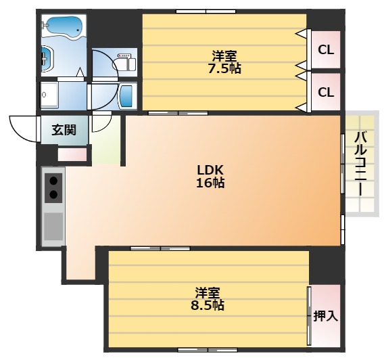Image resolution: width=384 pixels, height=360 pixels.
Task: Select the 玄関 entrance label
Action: pos(64,130)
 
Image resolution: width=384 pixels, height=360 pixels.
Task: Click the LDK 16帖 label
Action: pos(210,176)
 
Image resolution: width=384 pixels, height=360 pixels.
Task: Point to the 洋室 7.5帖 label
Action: pos(224,62)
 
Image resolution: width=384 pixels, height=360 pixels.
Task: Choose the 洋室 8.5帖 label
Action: pos(208,298)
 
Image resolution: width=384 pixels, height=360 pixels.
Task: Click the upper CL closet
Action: pos(326,50)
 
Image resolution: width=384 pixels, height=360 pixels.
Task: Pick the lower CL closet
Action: pos(326,92)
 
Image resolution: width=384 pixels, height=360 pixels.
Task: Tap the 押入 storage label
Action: pos(326,316)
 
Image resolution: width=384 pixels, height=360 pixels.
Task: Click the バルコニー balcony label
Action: pos(360,164)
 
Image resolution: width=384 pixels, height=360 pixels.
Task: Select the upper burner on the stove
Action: pos(53,181)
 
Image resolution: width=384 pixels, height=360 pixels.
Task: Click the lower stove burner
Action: pos(53,195)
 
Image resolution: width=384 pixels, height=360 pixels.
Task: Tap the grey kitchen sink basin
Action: pos(53,227)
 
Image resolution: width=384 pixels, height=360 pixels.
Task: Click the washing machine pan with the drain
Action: pos(49,95)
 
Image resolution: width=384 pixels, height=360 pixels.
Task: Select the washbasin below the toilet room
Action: pos(126,96)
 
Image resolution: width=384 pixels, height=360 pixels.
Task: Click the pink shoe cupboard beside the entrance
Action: pos(72,155)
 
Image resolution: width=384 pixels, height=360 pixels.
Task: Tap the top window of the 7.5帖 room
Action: pos(206,12)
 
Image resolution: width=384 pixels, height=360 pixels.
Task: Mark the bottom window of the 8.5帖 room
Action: pos(208,351)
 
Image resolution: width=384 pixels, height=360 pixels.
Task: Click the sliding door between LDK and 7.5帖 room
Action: pos(178,113)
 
